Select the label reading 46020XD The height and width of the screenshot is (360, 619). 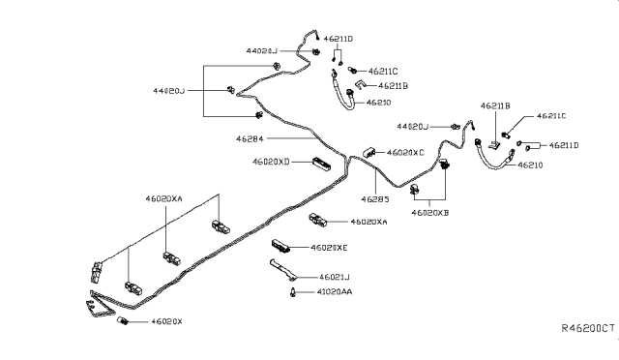click(272, 162)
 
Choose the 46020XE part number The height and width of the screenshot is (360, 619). click(331, 248)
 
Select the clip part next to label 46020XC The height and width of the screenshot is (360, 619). click(369, 152)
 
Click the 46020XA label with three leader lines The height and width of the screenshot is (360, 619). click(163, 197)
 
